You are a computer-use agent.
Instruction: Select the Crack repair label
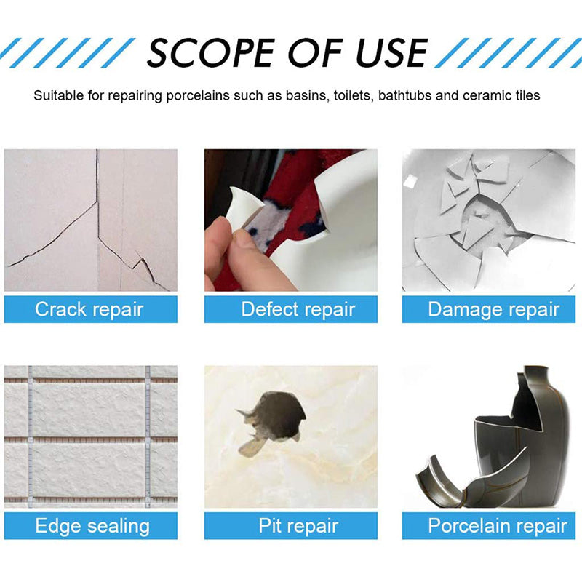(x=90, y=309)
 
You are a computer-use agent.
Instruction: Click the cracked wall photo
(x=90, y=220)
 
